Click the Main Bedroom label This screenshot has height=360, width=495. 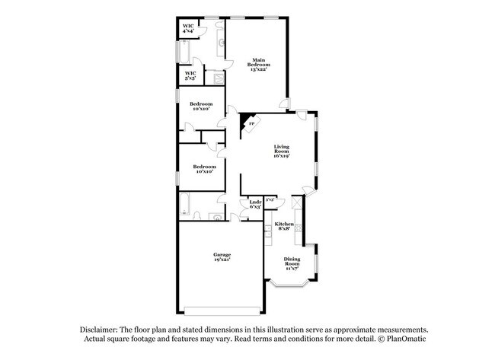click(x=258, y=65)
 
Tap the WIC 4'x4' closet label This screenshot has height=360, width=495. click(x=188, y=28)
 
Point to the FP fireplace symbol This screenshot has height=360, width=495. click(x=251, y=124)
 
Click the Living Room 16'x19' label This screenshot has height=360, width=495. click(x=282, y=151)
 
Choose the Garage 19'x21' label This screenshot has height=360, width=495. click(x=222, y=256)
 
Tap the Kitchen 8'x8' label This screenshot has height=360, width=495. click(x=284, y=226)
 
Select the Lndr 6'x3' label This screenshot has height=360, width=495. click(x=256, y=204)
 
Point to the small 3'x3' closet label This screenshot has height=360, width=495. click(x=270, y=199)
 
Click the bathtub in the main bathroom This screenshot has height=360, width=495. click(x=184, y=52)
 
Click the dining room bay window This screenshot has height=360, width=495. click(x=290, y=285)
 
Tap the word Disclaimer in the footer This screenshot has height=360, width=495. click(x=103, y=329)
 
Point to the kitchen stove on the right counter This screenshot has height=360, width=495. click(x=300, y=229)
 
